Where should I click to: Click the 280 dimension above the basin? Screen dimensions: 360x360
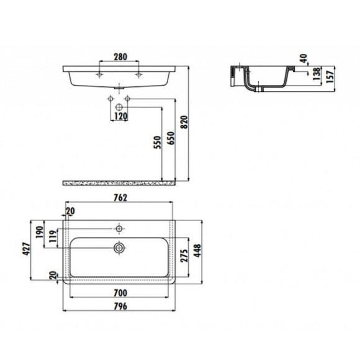click(x=120, y=57)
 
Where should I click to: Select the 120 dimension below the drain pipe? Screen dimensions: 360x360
click(x=120, y=116)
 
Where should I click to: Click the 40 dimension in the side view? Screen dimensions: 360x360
click(x=303, y=60)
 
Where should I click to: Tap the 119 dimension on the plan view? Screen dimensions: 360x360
click(x=53, y=236)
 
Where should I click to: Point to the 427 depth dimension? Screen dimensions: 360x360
click(x=26, y=247)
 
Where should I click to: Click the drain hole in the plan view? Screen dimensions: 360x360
click(x=119, y=248)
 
